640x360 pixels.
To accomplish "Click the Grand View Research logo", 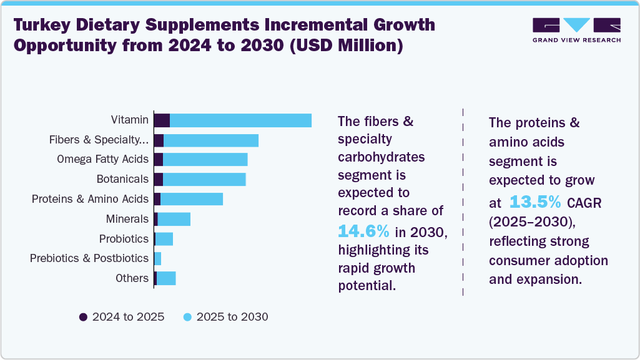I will pos(576,30).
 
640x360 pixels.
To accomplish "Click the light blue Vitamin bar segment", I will pos(240,120).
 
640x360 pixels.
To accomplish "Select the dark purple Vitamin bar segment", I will pos(162,120).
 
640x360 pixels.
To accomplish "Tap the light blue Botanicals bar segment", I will pos(204,180).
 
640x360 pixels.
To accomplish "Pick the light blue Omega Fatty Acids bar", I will pos(205,160).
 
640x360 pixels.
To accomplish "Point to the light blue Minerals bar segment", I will pos(174,219).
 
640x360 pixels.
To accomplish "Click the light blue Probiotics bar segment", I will pos(164,239).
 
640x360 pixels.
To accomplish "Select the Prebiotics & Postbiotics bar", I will pos(157,258).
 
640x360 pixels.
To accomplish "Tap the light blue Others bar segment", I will pos(166,278).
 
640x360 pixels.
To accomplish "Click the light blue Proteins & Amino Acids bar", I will pos(192,199).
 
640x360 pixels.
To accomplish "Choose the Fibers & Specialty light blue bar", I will pos(210,140).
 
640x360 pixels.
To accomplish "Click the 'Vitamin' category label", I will pos(130,120).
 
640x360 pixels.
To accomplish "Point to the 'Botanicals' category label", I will pos(122,179).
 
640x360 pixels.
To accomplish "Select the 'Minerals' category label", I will pos(127,219).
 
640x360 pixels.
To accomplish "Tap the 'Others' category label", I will pos(132,278).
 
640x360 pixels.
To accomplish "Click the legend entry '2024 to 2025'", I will pos(122,317).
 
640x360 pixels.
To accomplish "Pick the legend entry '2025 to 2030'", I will pos(225,317).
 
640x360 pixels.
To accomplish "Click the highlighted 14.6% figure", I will pos(363,231).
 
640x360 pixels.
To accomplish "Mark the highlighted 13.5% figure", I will pos(535,202).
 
